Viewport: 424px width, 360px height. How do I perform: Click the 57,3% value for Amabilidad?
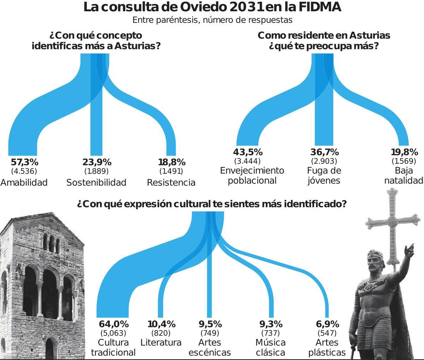pos(24,162)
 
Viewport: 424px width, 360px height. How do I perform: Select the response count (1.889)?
pos(96,171)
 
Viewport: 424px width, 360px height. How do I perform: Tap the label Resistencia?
pos(171,183)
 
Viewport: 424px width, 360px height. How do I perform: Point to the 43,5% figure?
pos(248,152)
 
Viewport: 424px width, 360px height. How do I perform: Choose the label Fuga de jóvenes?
pos(324,176)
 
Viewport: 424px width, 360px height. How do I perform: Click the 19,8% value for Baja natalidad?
pos(405,152)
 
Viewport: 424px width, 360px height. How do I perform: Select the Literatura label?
pos(161,342)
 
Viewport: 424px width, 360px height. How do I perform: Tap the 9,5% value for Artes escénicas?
pos(210,324)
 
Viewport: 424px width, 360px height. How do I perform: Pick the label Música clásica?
pos(270,347)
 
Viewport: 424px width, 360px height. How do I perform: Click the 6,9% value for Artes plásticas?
pos(327,324)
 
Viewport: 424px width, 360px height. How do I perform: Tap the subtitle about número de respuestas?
pos(212,20)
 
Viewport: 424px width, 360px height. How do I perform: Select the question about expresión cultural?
pos(211,204)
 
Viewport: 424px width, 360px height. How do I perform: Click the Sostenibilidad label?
pos(96,183)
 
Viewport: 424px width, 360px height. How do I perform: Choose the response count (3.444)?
pos(247,161)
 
